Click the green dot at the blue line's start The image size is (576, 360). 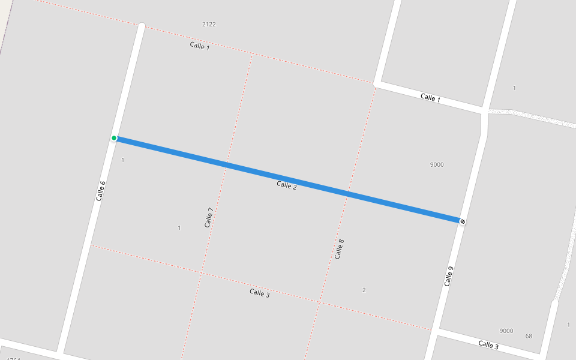click(x=114, y=138)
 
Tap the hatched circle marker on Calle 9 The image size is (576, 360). click(x=462, y=221)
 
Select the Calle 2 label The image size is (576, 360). click(x=287, y=185)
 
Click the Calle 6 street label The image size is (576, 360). click(x=101, y=190)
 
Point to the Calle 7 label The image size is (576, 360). click(x=209, y=217)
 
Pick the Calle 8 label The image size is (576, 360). click(x=340, y=248)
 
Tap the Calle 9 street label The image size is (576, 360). click(x=449, y=276)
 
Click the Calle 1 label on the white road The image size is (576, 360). click(x=430, y=98)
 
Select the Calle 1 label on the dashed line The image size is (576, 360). click(x=200, y=46)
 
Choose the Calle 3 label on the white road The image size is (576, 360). click(x=488, y=345)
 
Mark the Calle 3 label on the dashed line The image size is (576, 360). click(x=259, y=293)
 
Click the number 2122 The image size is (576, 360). click(x=209, y=24)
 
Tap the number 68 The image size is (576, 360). click(x=529, y=336)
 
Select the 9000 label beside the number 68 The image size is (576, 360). click(x=506, y=331)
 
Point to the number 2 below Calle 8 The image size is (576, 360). click(x=364, y=290)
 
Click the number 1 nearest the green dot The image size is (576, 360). click(x=122, y=160)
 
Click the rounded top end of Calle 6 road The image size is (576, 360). click(x=142, y=26)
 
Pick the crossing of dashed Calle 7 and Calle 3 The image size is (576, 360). click(x=201, y=274)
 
